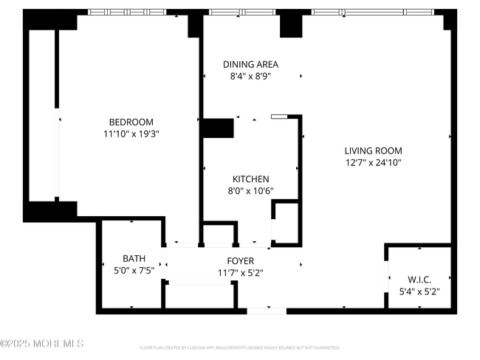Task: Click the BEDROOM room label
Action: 131,122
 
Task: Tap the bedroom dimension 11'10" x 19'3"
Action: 131,134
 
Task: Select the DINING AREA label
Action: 250,64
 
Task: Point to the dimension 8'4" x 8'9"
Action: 250,76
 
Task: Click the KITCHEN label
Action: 250,179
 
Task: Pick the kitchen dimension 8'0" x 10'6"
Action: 250,190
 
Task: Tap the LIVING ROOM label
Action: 373,150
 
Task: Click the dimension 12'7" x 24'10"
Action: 373,162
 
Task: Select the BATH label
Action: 134,258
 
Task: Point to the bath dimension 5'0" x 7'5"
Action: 134,270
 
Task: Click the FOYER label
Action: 240,261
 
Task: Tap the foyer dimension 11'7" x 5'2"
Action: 240,273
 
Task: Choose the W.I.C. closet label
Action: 419,280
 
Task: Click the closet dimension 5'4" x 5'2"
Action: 419,291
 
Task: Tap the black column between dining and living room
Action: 290,25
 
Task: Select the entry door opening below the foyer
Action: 266,311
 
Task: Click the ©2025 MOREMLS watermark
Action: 42,344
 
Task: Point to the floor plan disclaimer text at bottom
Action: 239,347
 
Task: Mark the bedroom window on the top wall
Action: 137,12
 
